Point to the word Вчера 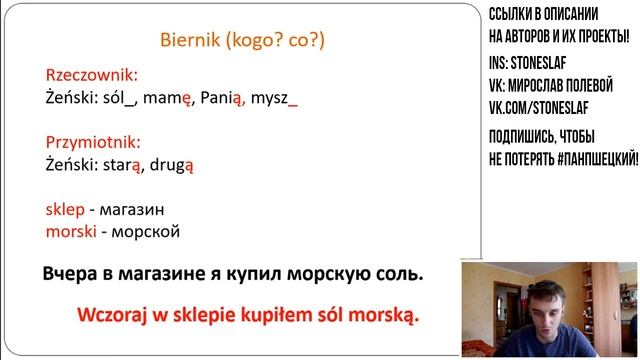[x=72, y=273]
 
